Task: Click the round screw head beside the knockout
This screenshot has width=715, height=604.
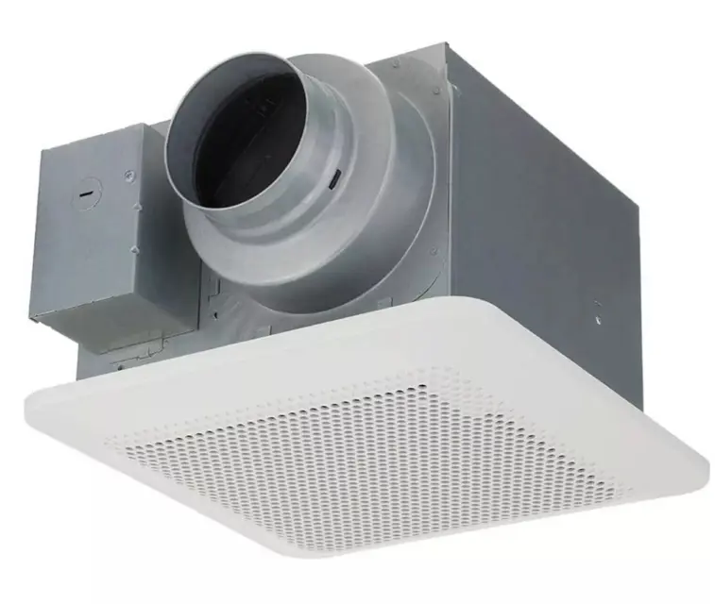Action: [128, 173]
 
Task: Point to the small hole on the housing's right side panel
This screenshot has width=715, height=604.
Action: [597, 307]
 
